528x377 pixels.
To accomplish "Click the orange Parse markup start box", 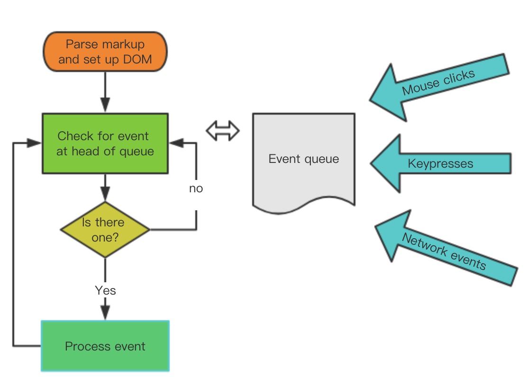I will point(105,52).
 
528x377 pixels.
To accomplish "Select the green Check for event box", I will point(105,143).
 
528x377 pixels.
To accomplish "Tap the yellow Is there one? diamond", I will point(105,230).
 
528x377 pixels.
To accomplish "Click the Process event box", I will point(105,346).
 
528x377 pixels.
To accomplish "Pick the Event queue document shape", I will point(303,159).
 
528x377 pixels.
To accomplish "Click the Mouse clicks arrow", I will point(438,85).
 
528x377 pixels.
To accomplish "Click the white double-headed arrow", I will point(223,130).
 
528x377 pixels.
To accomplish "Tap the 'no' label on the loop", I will point(196,188).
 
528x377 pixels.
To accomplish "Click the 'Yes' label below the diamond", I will point(105,290).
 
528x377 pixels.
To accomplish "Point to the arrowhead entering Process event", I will point(105,313).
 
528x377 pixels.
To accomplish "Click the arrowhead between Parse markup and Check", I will point(105,105).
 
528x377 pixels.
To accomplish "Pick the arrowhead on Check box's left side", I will point(35,142).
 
